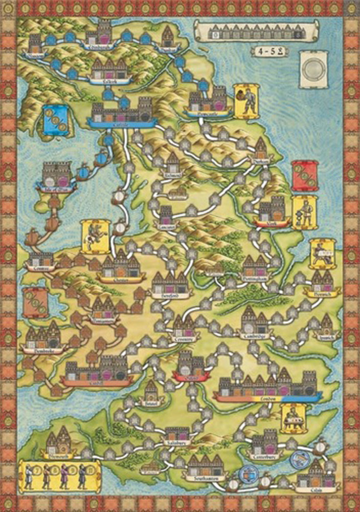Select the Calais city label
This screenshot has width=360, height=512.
[314, 489]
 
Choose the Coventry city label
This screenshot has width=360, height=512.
[184, 339]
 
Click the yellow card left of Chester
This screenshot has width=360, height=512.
[93, 236]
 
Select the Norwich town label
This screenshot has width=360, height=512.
[320, 293]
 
